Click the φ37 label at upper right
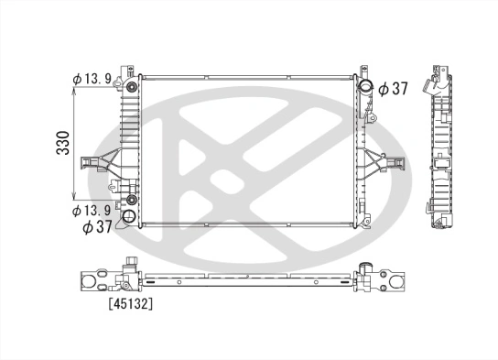(394, 88)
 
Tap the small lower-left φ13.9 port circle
(132, 200)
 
